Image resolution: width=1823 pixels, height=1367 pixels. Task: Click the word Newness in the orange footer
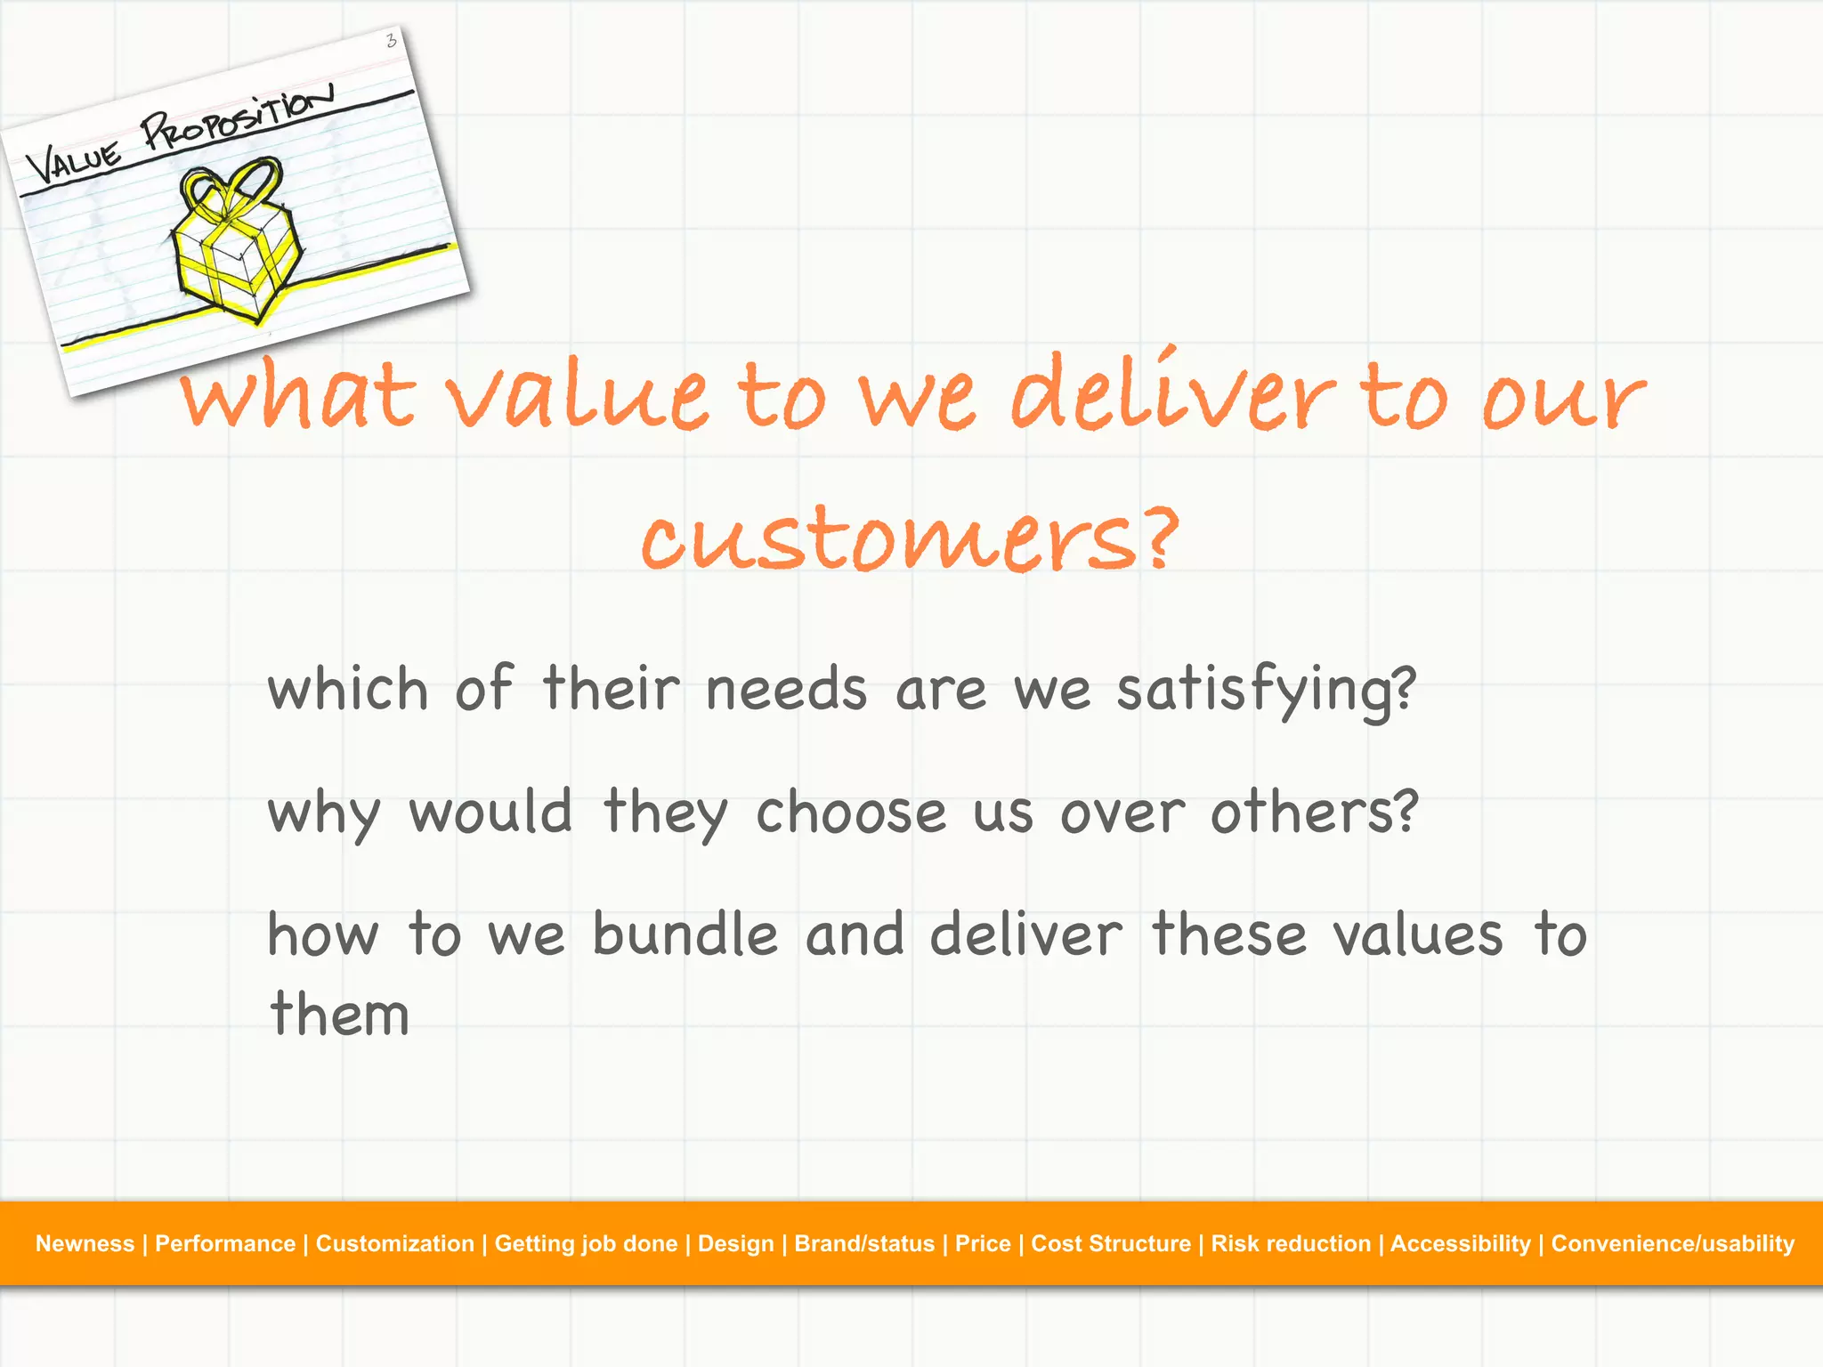click(x=85, y=1243)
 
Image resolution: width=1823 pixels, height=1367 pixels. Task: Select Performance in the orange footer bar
click(x=225, y=1243)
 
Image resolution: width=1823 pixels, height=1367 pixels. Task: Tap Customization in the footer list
click(x=394, y=1243)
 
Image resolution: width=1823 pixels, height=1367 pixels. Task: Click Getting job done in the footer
click(x=586, y=1243)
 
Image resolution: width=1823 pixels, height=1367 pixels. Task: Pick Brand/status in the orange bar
click(x=864, y=1243)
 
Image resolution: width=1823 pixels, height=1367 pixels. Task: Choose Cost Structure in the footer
click(x=1110, y=1243)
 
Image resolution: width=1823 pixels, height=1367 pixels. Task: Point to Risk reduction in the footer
click(x=1291, y=1243)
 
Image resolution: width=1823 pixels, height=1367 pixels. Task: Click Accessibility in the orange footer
click(x=1460, y=1243)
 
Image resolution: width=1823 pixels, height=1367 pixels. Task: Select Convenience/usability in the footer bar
click(x=1673, y=1243)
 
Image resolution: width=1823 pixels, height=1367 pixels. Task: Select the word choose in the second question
click(x=851, y=813)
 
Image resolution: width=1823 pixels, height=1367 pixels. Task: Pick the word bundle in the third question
click(x=685, y=935)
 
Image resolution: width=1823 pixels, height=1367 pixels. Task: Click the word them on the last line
click(x=339, y=1014)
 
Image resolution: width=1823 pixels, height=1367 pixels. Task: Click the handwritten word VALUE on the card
click(x=73, y=162)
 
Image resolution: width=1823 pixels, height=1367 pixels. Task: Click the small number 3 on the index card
click(x=391, y=40)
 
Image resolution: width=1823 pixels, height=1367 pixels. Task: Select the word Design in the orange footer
click(x=735, y=1243)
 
